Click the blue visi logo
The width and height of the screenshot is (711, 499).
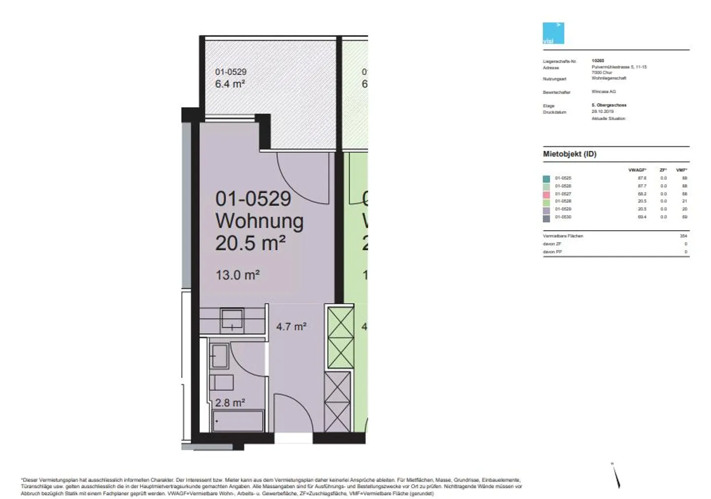coord(553,34)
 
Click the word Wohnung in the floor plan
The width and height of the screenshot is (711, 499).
coord(259,221)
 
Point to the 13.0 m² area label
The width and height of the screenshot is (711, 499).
coord(237,275)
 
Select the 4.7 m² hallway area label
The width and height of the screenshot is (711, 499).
coord(291,327)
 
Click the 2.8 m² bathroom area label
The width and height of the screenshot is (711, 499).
coord(230,403)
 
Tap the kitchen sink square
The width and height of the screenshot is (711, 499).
coord(232,319)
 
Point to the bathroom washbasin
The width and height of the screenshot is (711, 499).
coord(219,356)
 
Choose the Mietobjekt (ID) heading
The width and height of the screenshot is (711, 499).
coord(569,154)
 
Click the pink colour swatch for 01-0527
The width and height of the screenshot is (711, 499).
coord(546,194)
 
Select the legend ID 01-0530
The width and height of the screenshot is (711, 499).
coord(563,217)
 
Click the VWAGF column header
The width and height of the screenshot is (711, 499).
coord(637,170)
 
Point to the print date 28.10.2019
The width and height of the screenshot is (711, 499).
coord(602,112)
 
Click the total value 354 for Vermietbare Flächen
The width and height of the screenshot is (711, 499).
coord(683,236)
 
